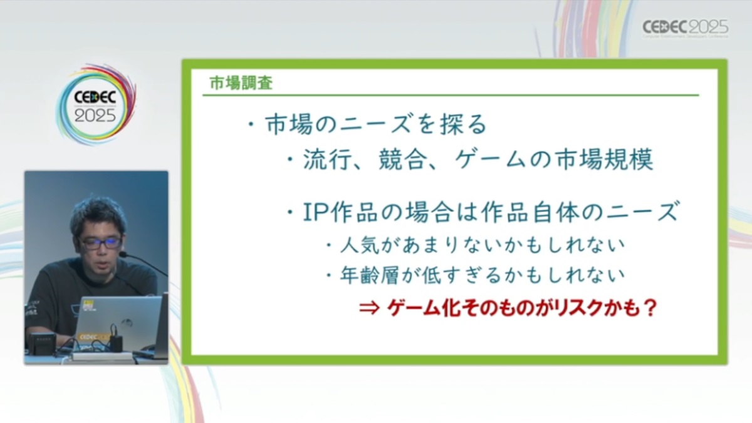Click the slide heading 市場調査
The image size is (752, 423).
click(x=241, y=83)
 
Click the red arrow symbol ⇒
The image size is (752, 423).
click(x=370, y=308)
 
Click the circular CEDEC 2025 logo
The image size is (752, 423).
click(x=96, y=104)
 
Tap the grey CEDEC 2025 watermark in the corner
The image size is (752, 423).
click(x=685, y=28)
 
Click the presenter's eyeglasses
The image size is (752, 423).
click(x=100, y=242)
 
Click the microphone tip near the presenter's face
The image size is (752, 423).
click(x=123, y=255)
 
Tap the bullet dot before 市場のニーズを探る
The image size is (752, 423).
click(x=250, y=125)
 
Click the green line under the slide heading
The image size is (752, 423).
click(x=451, y=96)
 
